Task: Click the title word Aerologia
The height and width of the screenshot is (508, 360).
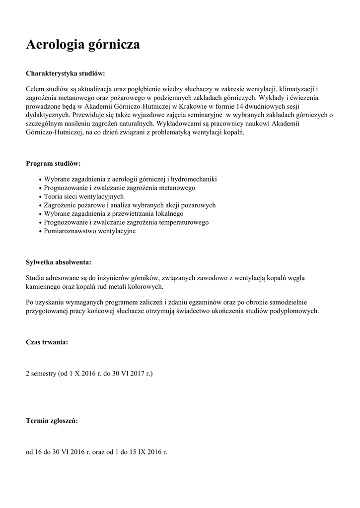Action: click(55, 45)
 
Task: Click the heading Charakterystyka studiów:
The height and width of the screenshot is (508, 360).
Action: click(65, 73)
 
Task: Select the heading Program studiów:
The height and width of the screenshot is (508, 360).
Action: click(53, 163)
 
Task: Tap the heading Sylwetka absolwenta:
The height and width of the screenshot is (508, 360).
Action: click(59, 261)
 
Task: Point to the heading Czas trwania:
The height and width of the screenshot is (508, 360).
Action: click(47, 342)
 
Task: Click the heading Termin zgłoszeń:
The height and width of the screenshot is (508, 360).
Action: click(52, 421)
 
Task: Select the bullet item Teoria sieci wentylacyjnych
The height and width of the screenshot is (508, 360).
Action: click(84, 196)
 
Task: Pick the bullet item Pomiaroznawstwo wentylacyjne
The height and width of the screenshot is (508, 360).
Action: click(89, 231)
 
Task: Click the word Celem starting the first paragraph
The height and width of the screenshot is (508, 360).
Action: click(35, 88)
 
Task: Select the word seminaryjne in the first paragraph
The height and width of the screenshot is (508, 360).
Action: click(201, 115)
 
